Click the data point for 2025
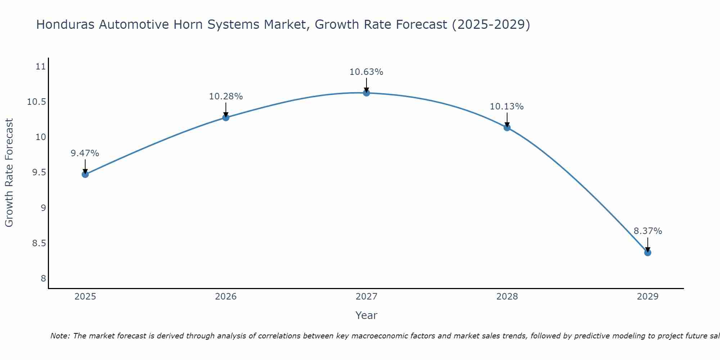(85, 174)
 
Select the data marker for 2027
(366, 93)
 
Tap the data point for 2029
(648, 252)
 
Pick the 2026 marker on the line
(226, 117)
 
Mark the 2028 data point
(507, 127)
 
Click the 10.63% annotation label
(366, 72)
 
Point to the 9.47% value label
(85, 153)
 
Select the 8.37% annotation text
(648, 231)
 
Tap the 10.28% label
(226, 96)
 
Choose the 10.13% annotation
(507, 107)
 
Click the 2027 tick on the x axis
(366, 297)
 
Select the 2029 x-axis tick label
(648, 297)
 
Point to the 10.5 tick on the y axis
(37, 102)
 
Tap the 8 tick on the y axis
(43, 279)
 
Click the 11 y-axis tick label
(41, 67)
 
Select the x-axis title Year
(366, 315)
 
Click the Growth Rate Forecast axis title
(9, 172)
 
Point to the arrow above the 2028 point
(507, 120)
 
